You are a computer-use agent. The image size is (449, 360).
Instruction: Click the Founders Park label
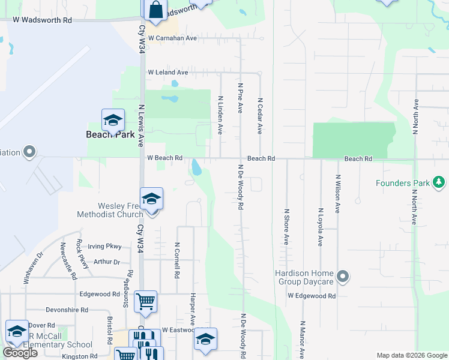coord(402,183)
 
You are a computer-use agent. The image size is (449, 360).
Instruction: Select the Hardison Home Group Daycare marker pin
coord(343,277)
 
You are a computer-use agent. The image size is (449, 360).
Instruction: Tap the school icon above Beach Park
coord(113,121)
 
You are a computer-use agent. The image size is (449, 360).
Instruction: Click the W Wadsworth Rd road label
coord(43,20)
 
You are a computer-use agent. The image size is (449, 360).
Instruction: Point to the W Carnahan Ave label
coord(173,38)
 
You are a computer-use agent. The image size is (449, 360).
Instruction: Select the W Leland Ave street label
coord(168,73)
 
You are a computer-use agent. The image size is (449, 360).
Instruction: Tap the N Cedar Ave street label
coord(260,116)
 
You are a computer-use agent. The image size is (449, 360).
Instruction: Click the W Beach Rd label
coord(165,158)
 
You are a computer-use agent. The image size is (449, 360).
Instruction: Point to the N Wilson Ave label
coord(338,194)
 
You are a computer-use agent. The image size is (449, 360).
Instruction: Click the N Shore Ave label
coord(286,227)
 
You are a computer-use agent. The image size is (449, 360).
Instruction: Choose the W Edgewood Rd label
coord(311,296)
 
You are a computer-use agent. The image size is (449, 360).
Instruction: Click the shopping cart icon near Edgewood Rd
coord(146,301)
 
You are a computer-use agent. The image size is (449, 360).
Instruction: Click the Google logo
coord(19,353)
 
